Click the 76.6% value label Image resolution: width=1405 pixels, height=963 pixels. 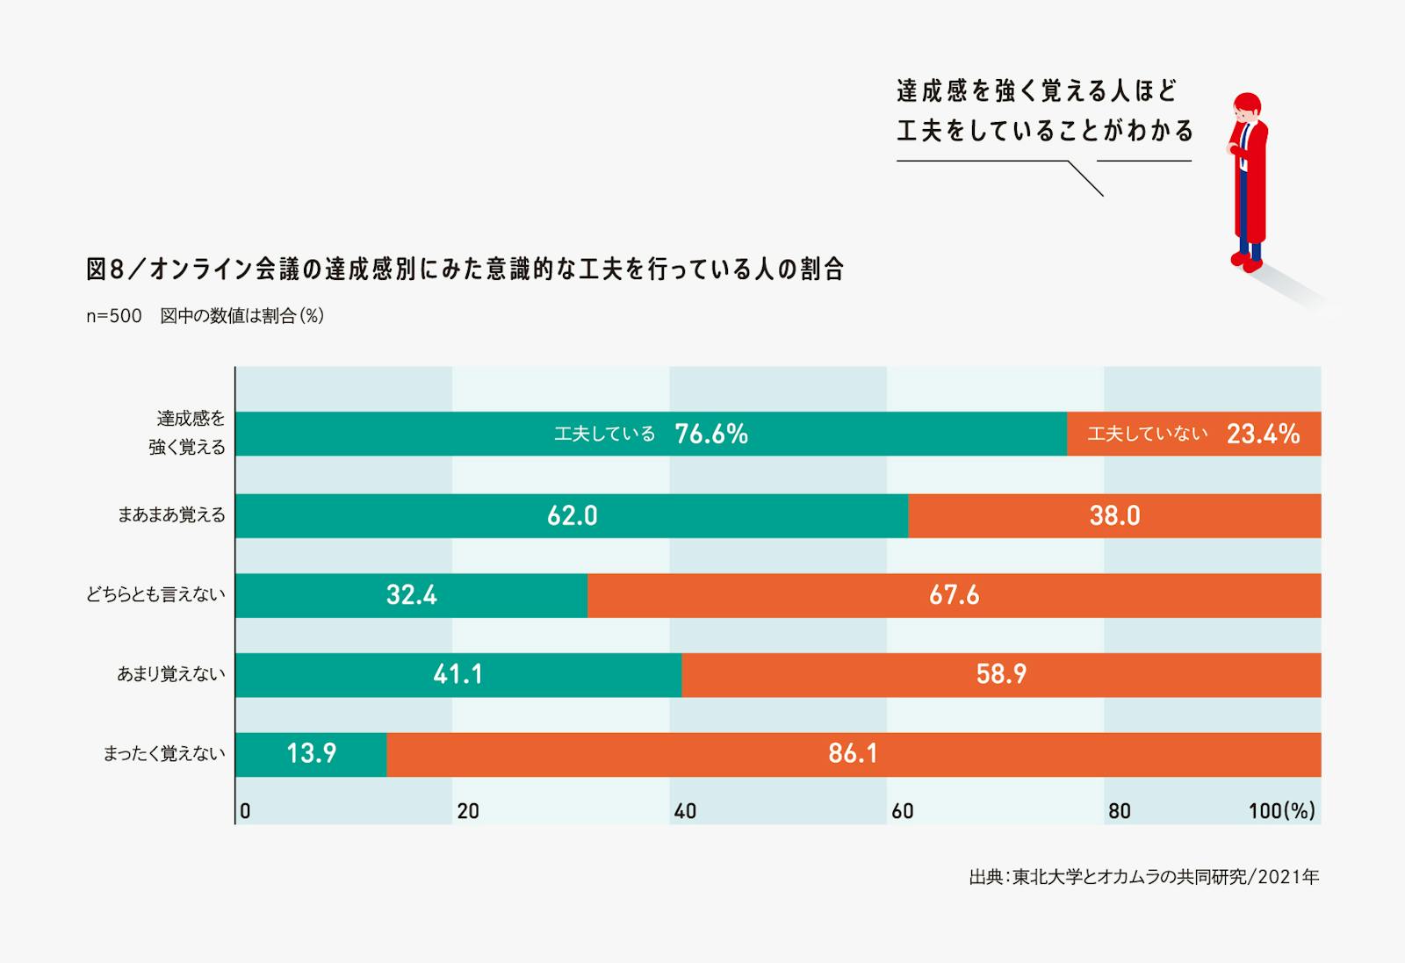click(711, 434)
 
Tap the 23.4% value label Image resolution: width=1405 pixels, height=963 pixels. click(1263, 434)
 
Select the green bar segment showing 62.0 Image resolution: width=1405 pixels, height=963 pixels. click(572, 515)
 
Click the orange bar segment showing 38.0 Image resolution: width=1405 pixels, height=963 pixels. click(1114, 515)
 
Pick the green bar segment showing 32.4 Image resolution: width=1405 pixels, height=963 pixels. click(411, 595)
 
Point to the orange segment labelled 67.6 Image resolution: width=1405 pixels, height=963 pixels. click(954, 595)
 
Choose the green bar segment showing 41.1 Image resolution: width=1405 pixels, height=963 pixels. click(458, 674)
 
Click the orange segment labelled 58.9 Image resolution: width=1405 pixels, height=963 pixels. click(1001, 674)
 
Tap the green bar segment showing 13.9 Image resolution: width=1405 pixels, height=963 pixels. click(311, 754)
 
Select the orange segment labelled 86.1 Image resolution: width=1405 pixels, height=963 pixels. click(853, 754)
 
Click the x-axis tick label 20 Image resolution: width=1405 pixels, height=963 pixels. click(468, 811)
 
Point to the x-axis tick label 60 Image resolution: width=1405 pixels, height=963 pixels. click(903, 811)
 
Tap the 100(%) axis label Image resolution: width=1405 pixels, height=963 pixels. click(1281, 811)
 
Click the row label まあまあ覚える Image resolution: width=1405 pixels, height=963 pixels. click(171, 515)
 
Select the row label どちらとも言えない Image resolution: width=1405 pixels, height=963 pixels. click(155, 595)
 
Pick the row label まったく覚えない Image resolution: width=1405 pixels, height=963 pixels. click(164, 754)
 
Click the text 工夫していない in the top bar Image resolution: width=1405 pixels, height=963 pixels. click(1147, 434)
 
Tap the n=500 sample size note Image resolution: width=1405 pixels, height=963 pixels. click(113, 316)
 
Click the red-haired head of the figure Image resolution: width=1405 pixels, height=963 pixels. click(1247, 107)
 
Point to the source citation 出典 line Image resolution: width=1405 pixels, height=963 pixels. click(1143, 877)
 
